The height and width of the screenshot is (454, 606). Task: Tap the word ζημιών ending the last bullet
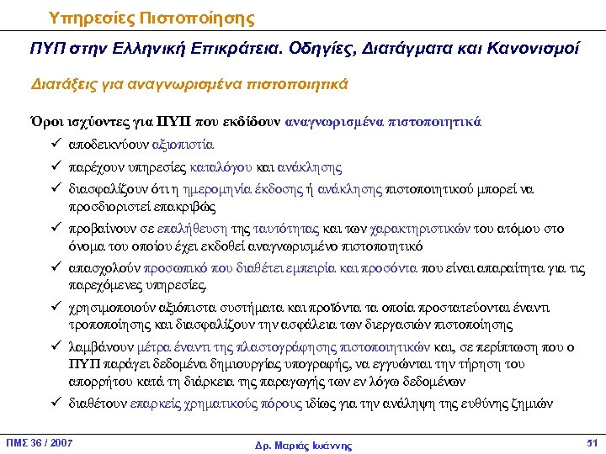click(x=536, y=403)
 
